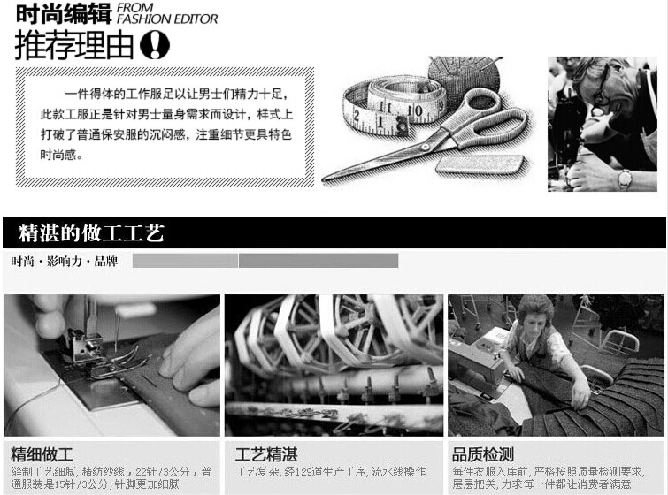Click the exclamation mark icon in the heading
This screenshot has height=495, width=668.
[156, 44]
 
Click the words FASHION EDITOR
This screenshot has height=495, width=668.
[167, 19]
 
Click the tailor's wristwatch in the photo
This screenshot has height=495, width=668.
[625, 179]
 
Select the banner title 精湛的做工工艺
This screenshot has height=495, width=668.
[91, 234]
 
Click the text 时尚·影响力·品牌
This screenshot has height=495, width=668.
[64, 262]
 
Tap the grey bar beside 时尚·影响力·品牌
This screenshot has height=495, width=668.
[265, 261]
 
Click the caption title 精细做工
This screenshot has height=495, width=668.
[42, 455]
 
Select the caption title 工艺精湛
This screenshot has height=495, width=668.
[265, 455]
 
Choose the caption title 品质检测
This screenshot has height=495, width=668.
[482, 455]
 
